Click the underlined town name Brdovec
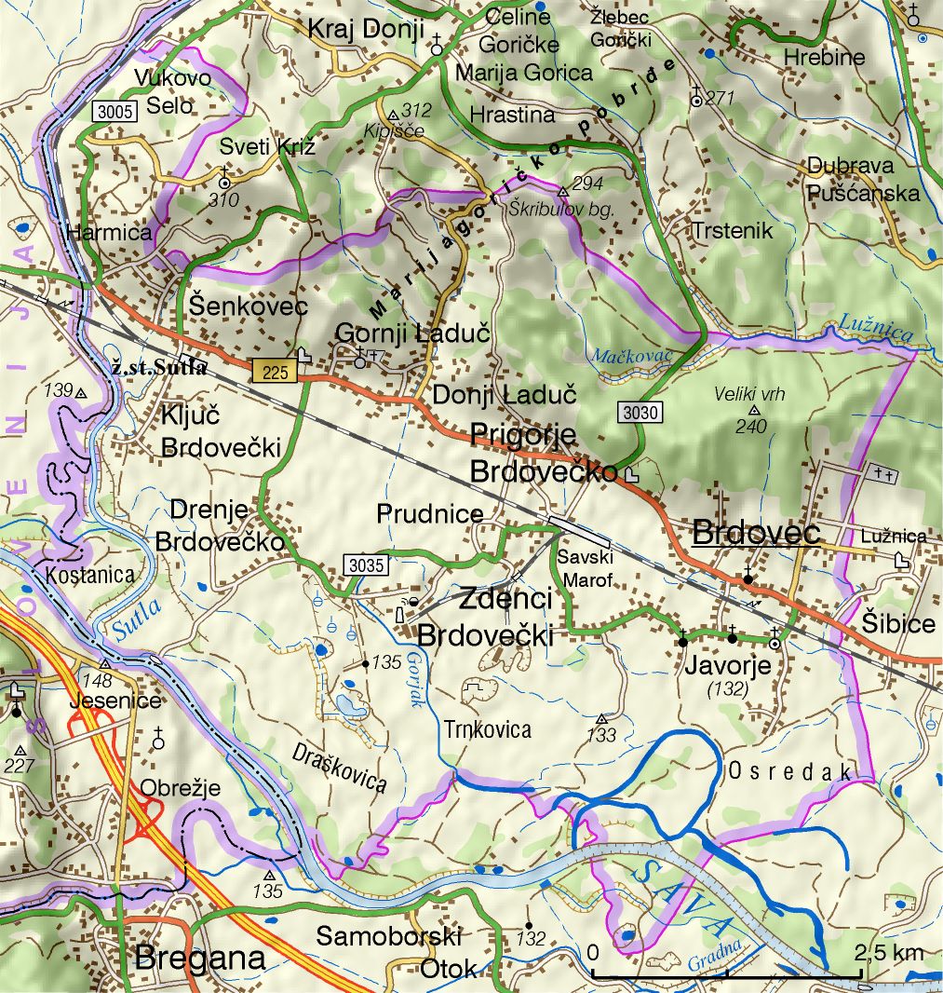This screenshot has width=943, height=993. click(757, 533)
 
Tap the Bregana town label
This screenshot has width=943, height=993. click(200, 958)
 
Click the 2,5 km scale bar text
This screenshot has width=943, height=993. click(889, 952)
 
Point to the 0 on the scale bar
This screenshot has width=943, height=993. click(593, 953)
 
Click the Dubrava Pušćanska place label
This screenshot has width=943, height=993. click(863, 180)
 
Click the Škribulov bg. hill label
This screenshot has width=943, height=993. click(561, 210)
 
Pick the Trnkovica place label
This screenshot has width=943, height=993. click(487, 728)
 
